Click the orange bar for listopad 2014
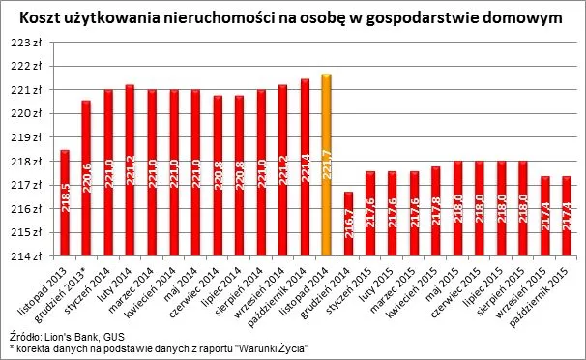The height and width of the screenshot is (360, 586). (327, 165)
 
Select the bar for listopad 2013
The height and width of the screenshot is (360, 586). (65, 202)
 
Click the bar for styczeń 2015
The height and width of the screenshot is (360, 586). (370, 213)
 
